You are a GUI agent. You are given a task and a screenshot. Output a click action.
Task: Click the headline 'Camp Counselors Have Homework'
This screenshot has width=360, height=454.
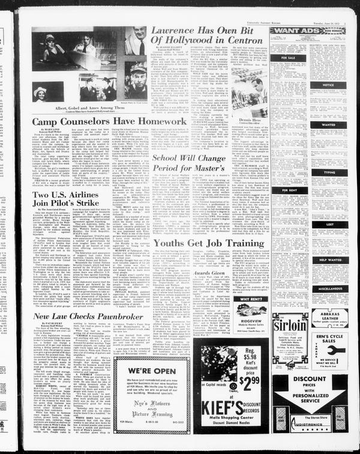93,121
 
